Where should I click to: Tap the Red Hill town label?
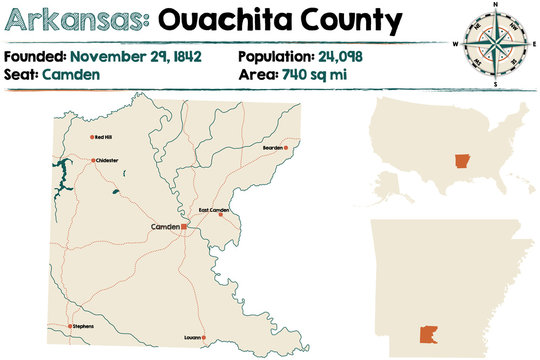(103, 136)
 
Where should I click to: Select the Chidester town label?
(108, 160)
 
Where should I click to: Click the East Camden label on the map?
(213, 210)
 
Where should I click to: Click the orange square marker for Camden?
(184, 227)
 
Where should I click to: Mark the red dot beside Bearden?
(286, 148)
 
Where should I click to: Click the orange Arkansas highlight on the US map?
(461, 162)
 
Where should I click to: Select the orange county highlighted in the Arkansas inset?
(432, 309)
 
